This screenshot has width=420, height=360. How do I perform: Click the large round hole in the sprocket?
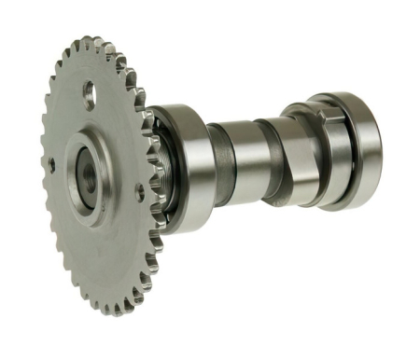pos(90,93)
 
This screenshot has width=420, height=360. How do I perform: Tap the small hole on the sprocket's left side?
pos(52,165)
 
